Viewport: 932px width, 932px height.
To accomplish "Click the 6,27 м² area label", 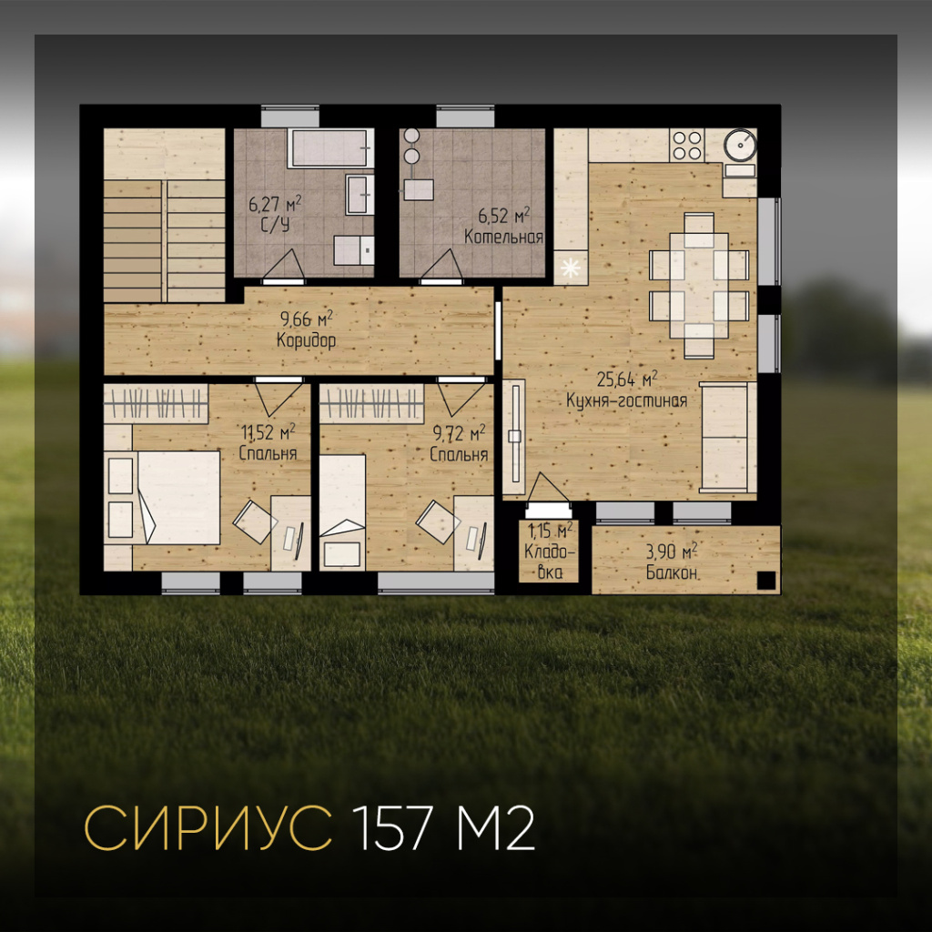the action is point(275,204).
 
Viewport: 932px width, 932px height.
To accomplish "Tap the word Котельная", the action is point(503,237).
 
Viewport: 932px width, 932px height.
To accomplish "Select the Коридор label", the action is point(306,340).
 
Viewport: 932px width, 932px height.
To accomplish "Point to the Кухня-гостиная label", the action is point(626,400).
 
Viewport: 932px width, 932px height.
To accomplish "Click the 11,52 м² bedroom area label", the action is point(268,431).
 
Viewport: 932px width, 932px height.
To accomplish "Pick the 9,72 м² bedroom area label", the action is point(459,433).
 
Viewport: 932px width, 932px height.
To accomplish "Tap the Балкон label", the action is point(673,572).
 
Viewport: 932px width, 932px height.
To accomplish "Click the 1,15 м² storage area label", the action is point(551,529).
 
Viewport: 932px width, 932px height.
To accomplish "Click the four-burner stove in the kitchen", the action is point(686,145).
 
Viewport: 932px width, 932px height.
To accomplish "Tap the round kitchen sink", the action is point(740,145).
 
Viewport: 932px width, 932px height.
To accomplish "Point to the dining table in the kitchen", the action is point(698,285).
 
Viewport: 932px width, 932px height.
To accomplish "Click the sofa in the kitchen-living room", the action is point(727,438).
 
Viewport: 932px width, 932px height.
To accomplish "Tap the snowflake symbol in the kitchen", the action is point(570,268).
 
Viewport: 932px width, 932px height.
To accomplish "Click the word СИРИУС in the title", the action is point(208,828).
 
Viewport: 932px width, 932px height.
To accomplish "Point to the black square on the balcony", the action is point(766,580).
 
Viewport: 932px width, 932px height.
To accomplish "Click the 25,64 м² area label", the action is point(626,379).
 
